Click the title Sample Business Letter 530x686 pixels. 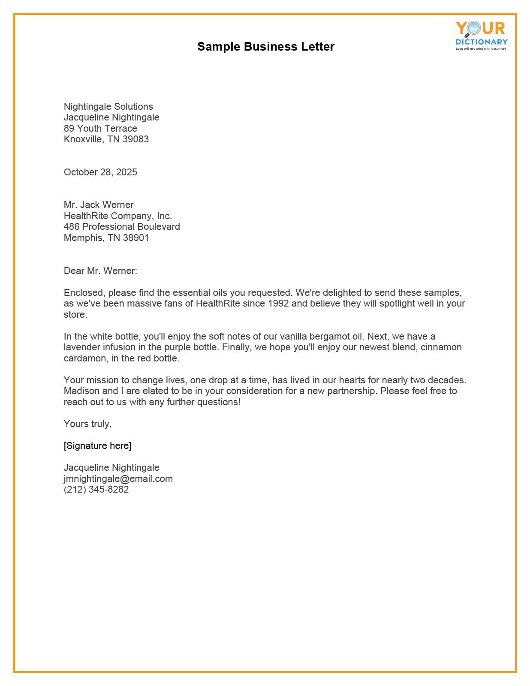265,47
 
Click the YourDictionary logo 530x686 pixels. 481,35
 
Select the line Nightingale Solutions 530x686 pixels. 108,107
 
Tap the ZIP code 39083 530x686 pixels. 136,139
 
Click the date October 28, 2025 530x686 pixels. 100,172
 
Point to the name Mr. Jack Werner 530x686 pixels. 99,205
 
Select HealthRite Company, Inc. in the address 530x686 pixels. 117,216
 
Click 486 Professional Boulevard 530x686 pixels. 122,227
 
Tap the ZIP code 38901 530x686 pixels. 136,238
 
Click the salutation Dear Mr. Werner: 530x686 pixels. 100,271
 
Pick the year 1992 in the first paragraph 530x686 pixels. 278,304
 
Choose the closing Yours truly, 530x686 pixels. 87,424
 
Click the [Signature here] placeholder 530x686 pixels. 97,446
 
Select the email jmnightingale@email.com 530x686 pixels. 118,479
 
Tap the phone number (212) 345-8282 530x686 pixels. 96,490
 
